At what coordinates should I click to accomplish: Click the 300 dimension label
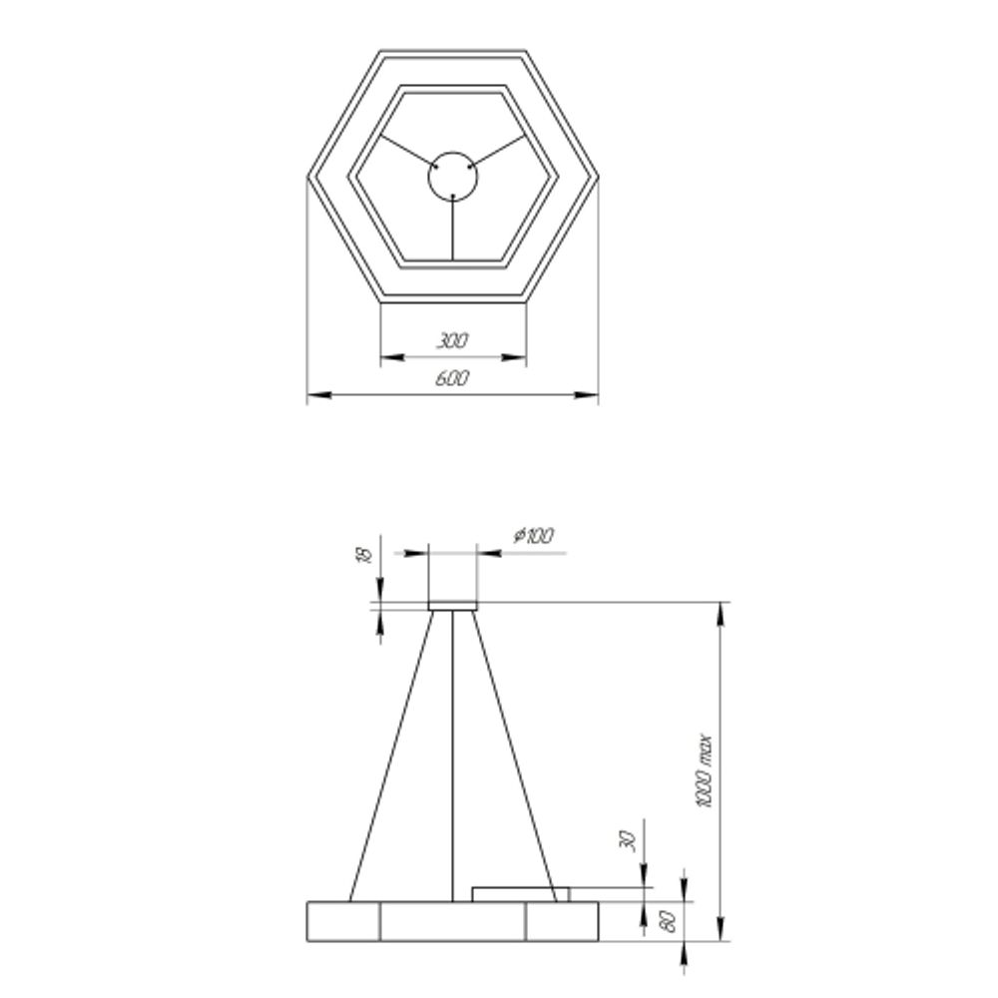click(x=452, y=341)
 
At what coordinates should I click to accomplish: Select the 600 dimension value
click(x=452, y=379)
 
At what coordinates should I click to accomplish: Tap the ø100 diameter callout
click(x=534, y=536)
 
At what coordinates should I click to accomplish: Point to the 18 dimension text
click(x=364, y=555)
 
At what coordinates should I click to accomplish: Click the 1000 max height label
click(x=706, y=771)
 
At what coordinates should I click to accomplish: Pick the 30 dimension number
click(x=628, y=840)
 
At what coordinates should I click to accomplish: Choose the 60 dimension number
click(x=670, y=919)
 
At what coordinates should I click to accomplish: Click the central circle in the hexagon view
click(x=452, y=177)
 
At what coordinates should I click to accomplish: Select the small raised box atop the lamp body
click(x=520, y=892)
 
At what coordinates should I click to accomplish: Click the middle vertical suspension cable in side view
click(x=453, y=748)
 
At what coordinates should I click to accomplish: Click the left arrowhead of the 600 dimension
click(x=317, y=395)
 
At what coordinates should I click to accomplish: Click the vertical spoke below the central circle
click(x=453, y=230)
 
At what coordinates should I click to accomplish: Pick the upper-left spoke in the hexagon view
click(x=406, y=152)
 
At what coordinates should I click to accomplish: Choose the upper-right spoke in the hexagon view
click(x=499, y=152)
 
